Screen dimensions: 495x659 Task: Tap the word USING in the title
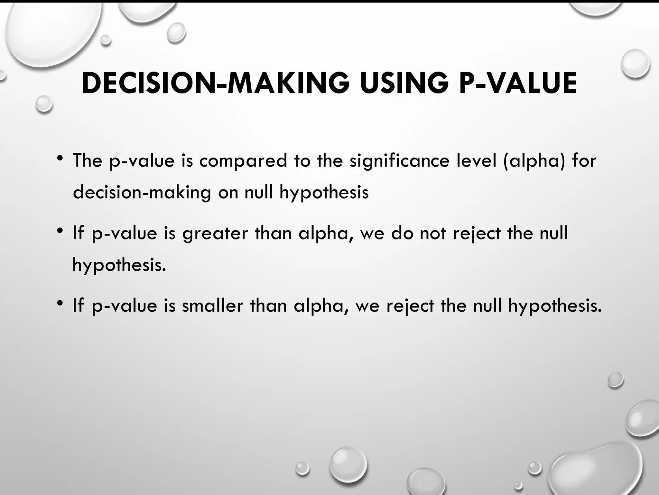point(404,83)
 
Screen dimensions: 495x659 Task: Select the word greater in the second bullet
point(215,233)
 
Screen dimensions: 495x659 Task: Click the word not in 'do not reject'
point(433,233)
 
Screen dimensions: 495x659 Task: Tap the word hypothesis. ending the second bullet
point(119,265)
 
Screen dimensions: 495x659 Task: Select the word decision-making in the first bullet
point(142,193)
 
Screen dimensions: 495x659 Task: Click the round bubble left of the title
point(44,104)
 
